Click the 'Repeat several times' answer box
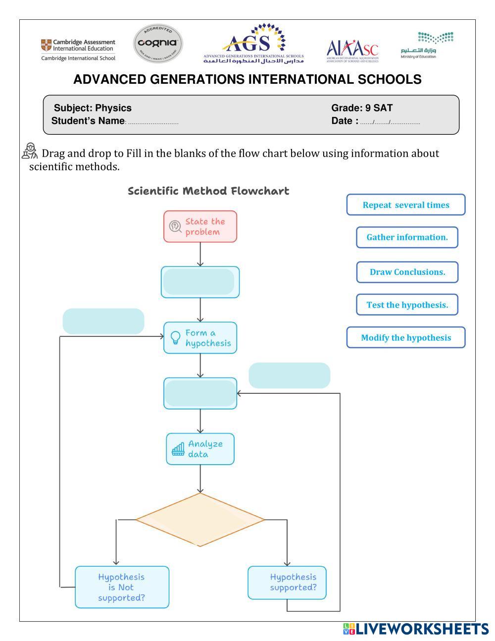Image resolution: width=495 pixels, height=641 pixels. pyautogui.click(x=406, y=205)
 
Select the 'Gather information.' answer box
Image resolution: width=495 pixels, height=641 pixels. pyautogui.click(x=407, y=237)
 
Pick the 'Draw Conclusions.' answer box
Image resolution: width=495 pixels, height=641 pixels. pyautogui.click(x=407, y=272)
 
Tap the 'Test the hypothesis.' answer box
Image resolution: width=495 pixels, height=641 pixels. pyautogui.click(x=407, y=305)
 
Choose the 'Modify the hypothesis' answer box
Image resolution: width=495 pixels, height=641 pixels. pyautogui.click(x=406, y=337)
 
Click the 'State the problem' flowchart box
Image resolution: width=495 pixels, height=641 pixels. pyautogui.click(x=200, y=226)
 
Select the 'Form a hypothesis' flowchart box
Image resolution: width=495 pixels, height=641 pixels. pyautogui.click(x=200, y=338)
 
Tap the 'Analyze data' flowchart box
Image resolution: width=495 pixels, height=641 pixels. pyautogui.click(x=200, y=449)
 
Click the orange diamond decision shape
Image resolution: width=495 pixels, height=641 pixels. pyautogui.click(x=200, y=519)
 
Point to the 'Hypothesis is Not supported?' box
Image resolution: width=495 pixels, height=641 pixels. pyautogui.click(x=122, y=587)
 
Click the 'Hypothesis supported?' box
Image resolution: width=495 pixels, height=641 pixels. pyautogui.click(x=287, y=583)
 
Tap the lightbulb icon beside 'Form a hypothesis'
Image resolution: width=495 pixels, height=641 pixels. pyautogui.click(x=175, y=337)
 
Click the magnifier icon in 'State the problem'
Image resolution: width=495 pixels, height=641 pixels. pyautogui.click(x=175, y=226)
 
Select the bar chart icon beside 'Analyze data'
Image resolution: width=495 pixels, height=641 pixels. pyautogui.click(x=178, y=449)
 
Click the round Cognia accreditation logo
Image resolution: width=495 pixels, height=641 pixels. pyautogui.click(x=158, y=43)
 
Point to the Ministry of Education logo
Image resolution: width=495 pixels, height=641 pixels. pyautogui.click(x=427, y=45)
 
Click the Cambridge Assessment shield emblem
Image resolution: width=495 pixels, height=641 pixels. pyautogui.click(x=46, y=45)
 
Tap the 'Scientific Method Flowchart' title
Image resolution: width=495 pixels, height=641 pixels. pyautogui.click(x=208, y=191)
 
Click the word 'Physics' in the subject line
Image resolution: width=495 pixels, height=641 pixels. pyautogui.click(x=113, y=108)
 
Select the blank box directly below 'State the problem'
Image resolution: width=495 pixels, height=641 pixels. pyautogui.click(x=200, y=282)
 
